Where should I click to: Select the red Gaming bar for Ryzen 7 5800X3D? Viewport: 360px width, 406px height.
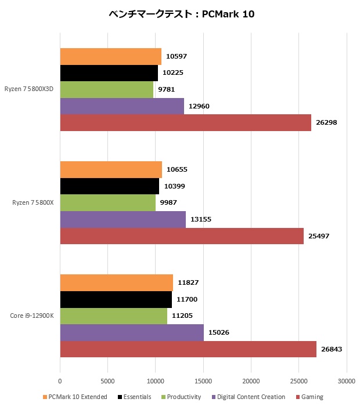(x=185, y=122)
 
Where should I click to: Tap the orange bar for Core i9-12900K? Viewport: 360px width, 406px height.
(x=116, y=282)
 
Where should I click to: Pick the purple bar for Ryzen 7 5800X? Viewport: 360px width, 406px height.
(x=123, y=219)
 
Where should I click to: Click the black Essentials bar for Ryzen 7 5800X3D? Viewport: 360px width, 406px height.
(x=109, y=73)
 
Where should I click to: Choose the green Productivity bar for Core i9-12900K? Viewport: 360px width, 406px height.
(x=113, y=316)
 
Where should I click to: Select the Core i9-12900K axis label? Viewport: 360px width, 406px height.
(x=33, y=316)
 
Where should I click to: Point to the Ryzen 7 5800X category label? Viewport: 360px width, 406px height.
(x=33, y=202)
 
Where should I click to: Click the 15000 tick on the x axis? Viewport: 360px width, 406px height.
(x=203, y=381)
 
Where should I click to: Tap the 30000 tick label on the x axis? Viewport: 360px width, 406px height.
(x=346, y=381)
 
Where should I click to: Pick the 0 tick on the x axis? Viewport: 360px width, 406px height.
(x=60, y=381)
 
